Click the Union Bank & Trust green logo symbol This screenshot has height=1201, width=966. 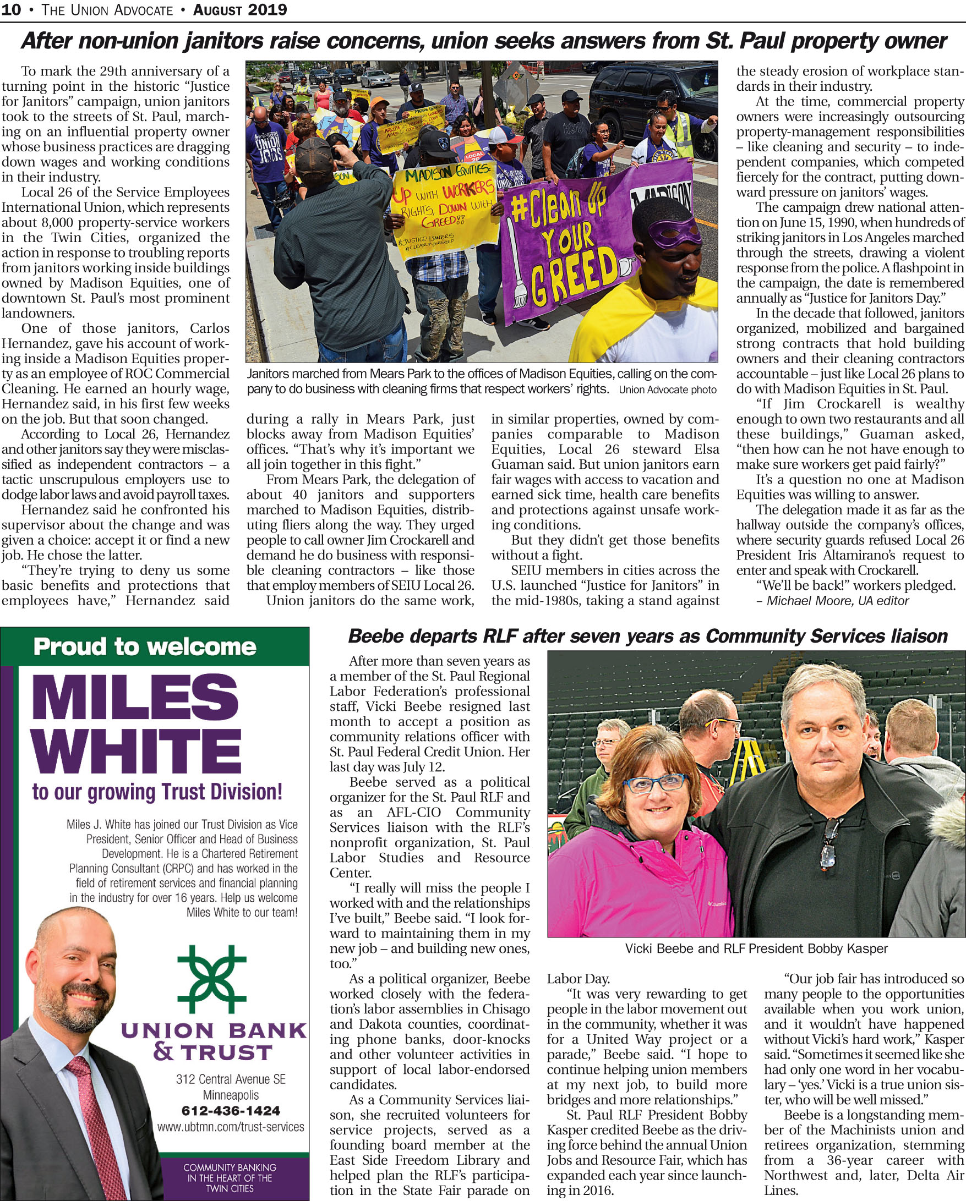tap(211, 978)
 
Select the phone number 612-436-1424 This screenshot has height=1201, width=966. tap(231, 1110)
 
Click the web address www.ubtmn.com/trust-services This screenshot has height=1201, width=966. tap(231, 1127)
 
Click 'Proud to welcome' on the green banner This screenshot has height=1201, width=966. tap(145, 647)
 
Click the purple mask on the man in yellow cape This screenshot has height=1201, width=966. tap(674, 233)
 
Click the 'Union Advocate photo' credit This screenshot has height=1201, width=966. tap(667, 390)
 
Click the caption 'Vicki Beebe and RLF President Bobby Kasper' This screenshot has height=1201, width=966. tap(756, 948)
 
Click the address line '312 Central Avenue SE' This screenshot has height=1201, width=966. tap(231, 1079)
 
